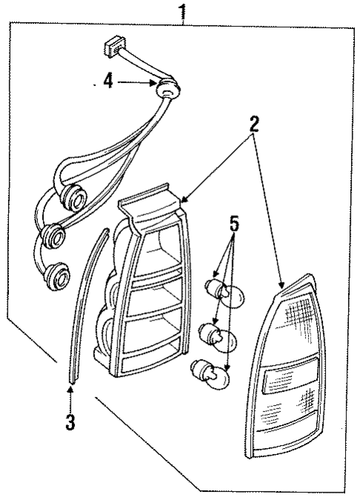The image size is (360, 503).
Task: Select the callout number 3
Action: click(x=70, y=422)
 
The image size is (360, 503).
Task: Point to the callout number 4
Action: click(x=108, y=80)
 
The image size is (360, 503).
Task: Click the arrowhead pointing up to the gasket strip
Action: click(x=70, y=389)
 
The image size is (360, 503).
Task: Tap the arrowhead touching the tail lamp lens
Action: click(x=281, y=285)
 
